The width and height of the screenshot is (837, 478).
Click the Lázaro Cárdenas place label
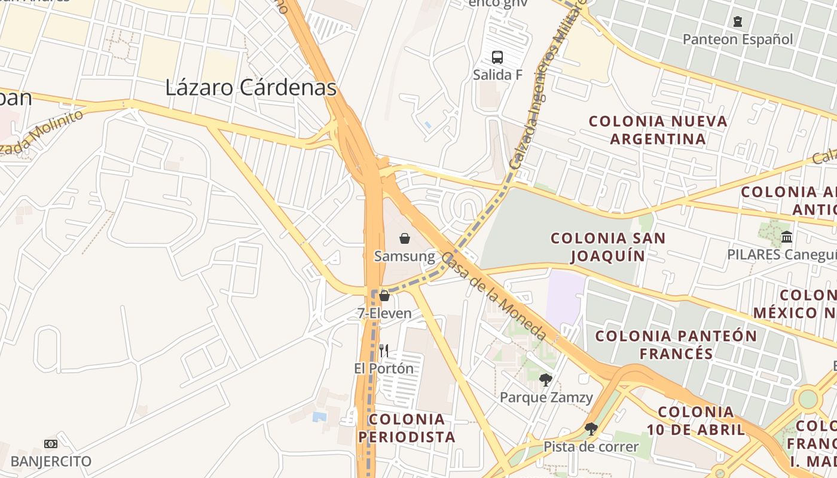[x=251, y=88]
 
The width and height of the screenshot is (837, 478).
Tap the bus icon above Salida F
[x=497, y=57]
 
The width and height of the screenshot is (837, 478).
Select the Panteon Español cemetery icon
[x=738, y=22]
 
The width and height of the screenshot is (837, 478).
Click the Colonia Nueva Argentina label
[x=658, y=130]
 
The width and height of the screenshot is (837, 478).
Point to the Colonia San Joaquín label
[x=608, y=247]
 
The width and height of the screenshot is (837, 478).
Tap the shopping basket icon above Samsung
[x=405, y=238]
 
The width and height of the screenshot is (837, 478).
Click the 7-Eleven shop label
[x=384, y=313]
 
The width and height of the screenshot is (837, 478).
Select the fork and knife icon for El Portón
[x=384, y=351]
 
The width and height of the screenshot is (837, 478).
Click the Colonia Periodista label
[x=407, y=428]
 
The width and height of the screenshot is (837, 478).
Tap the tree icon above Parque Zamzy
[x=545, y=379]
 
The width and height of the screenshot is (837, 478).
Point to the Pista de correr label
[x=591, y=446]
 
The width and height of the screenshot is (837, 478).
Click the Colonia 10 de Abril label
[x=696, y=421]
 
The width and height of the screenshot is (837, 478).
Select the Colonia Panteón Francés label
[x=676, y=344]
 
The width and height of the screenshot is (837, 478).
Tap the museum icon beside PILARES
[x=787, y=237]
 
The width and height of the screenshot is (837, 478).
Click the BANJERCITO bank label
[x=51, y=461]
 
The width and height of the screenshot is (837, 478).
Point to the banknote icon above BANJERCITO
[x=51, y=444]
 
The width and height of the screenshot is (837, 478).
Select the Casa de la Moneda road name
[x=493, y=296]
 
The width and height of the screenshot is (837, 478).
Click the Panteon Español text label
[x=738, y=39]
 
